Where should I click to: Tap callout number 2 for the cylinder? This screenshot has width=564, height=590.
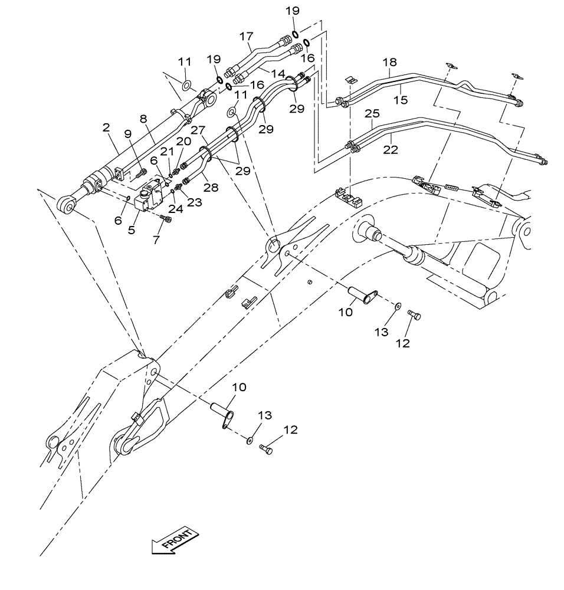(106, 127)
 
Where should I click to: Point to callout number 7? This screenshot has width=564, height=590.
(156, 240)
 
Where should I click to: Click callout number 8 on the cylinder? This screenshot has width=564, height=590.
(143, 118)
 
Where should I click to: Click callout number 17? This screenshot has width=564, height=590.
(245, 36)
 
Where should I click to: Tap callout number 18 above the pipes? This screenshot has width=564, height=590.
(389, 63)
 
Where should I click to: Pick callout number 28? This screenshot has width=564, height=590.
(211, 187)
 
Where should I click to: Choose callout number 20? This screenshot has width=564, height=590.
(183, 142)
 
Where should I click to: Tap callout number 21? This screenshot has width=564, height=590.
(169, 151)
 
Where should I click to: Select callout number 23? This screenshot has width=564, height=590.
(195, 202)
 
